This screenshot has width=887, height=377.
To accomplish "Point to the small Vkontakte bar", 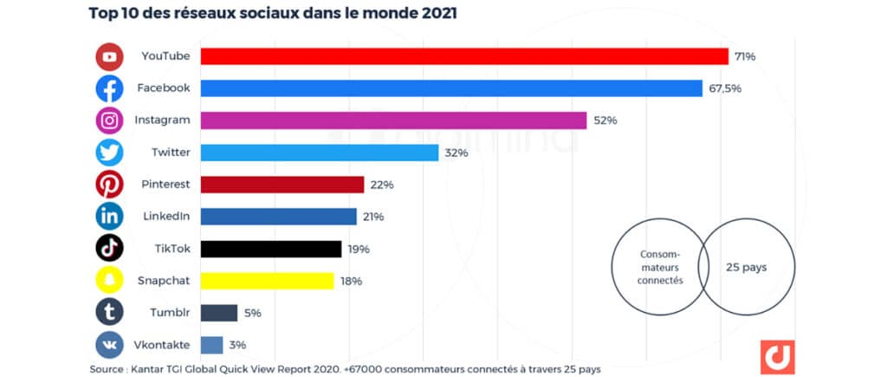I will coord(212,345).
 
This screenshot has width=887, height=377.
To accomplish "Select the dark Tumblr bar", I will coord(219,313).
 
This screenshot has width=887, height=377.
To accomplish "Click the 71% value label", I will coord(745,56).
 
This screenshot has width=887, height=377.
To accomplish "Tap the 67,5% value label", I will coord(725,88).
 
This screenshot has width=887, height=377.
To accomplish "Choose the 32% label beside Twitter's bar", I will coord(457,153).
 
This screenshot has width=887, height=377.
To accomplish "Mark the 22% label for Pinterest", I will coord(383,185).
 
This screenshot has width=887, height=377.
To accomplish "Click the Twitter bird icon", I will coord(109,153).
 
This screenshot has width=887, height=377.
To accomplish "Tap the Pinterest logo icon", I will coord(109,185).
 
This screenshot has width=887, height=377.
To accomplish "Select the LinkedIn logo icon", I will coord(109,217).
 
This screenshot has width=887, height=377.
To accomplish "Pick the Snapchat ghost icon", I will coord(109,281).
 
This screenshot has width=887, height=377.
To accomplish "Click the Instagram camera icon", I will coord(109,120).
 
